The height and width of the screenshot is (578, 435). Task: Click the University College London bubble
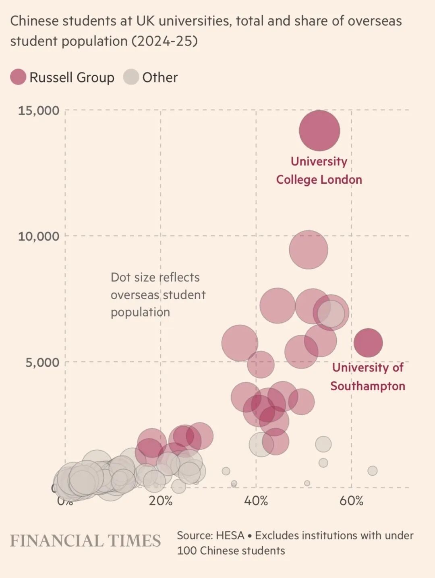(319, 131)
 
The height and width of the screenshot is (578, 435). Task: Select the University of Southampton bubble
(368, 342)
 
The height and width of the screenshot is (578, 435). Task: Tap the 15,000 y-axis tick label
(39, 110)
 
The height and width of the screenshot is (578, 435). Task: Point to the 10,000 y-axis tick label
(39, 236)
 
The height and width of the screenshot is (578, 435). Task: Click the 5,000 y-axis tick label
(43, 362)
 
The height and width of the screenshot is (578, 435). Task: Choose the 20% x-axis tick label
(160, 501)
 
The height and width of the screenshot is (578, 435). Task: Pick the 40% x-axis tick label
(256, 501)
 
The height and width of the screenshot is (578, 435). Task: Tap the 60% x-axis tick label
(351, 501)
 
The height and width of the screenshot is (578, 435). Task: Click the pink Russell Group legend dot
(18, 77)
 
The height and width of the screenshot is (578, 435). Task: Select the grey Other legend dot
(131, 77)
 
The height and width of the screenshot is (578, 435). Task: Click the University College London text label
(319, 170)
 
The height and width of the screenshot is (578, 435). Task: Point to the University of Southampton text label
(368, 377)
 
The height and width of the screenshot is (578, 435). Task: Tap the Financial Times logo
(85, 541)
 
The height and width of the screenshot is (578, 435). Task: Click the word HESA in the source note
(230, 535)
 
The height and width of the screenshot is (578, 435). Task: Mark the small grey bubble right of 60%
(373, 470)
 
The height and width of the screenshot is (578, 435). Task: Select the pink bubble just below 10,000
(309, 250)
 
